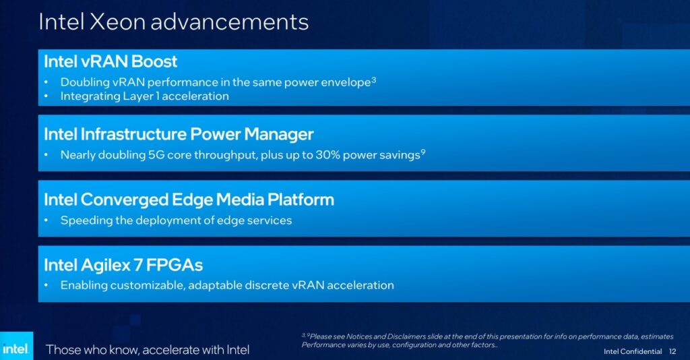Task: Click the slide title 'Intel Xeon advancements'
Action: [x=173, y=22]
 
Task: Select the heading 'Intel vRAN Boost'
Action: [x=111, y=61]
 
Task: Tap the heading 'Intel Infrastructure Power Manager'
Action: [x=179, y=133]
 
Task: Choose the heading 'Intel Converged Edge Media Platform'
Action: [x=189, y=200]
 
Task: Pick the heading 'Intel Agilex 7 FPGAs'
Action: [x=123, y=265]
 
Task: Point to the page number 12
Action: [x=672, y=351]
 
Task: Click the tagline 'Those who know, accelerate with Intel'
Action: [x=148, y=349]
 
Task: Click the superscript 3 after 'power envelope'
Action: [x=373, y=80]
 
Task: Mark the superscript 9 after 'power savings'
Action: [x=422, y=152]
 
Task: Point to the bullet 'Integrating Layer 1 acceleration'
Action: [x=144, y=96]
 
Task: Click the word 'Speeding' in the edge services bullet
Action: [x=84, y=220]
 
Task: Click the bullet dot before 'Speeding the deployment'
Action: [x=46, y=220]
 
